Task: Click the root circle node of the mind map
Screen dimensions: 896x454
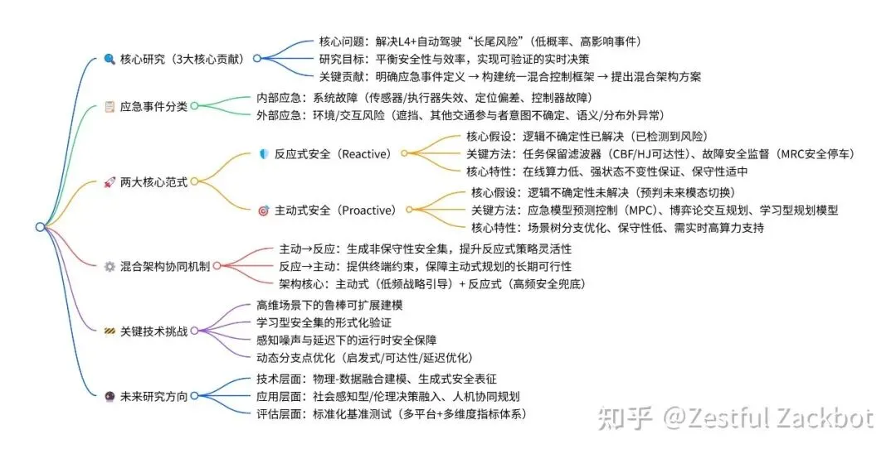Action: pyautogui.click(x=40, y=227)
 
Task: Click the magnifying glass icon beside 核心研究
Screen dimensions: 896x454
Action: pyautogui.click(x=110, y=59)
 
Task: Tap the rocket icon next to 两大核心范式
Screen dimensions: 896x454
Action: pyautogui.click(x=110, y=181)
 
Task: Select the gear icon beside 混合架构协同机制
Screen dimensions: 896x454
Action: pyautogui.click(x=110, y=266)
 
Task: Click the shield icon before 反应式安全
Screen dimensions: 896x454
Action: pyautogui.click(x=264, y=153)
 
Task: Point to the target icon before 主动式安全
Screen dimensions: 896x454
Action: pyautogui.click(x=264, y=210)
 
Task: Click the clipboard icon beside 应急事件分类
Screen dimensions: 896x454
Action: pyautogui.click(x=110, y=106)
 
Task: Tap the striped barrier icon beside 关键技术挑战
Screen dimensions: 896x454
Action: pyautogui.click(x=110, y=331)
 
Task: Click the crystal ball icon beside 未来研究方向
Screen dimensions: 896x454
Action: pyautogui.click(x=110, y=395)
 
